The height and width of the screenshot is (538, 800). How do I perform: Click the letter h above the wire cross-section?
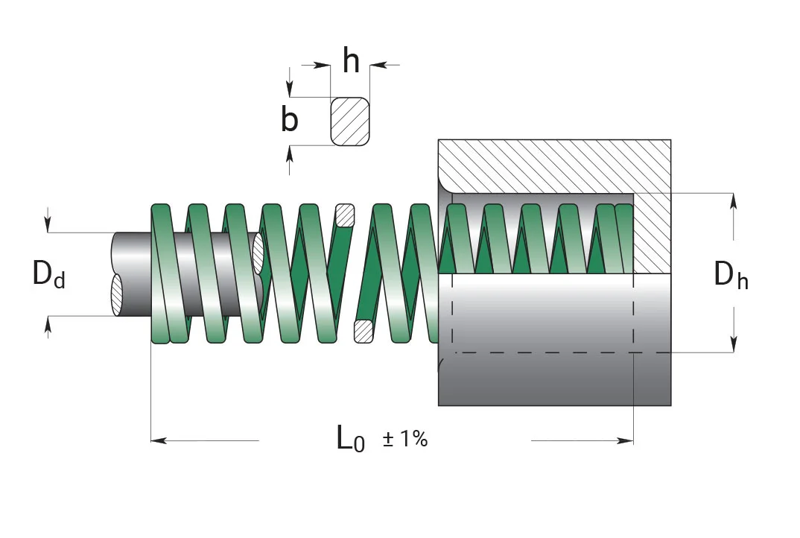[x=351, y=60]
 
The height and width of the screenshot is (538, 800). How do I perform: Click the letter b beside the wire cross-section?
[x=289, y=119]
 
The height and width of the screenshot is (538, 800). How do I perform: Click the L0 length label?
[x=351, y=439]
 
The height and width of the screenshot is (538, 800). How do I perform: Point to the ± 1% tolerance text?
[x=404, y=439]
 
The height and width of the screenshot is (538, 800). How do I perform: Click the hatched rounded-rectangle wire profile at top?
[x=350, y=121]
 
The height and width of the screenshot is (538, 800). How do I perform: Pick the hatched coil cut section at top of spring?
[x=345, y=215]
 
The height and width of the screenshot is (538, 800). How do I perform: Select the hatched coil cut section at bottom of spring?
[x=364, y=332]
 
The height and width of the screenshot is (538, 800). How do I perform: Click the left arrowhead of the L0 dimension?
[x=159, y=440]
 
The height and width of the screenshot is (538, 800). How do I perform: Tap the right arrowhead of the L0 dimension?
[x=626, y=440]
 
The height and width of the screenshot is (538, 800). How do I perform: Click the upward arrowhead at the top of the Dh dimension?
[x=733, y=201]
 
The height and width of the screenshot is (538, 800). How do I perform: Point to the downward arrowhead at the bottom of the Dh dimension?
[x=733, y=344]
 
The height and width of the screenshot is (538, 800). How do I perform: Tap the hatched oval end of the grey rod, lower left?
[x=117, y=295]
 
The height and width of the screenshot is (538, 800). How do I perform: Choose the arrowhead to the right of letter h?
[x=378, y=65]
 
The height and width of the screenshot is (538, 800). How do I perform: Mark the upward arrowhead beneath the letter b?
[x=290, y=154]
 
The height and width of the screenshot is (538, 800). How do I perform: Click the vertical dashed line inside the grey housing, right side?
[x=633, y=312]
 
